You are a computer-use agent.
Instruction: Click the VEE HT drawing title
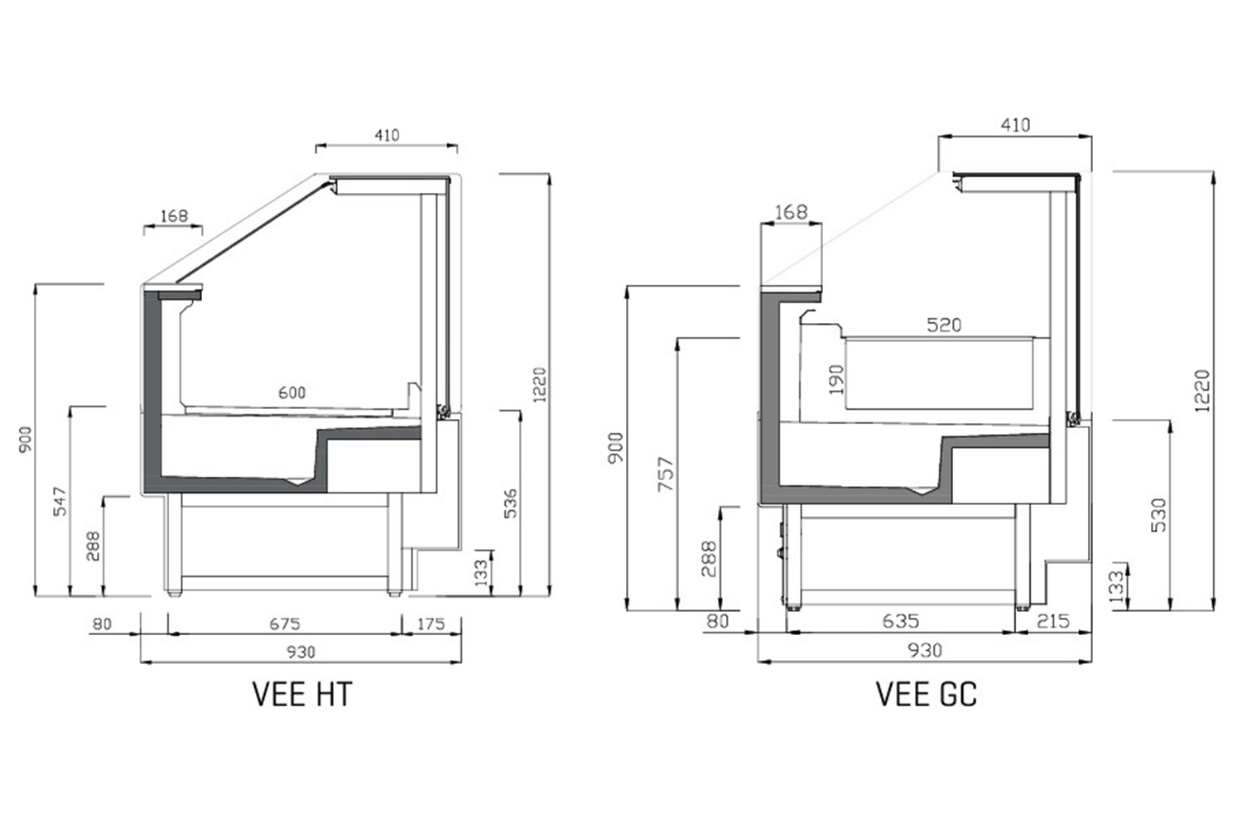pyautogui.click(x=302, y=694)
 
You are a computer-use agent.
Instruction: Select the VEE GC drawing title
pyautogui.click(x=926, y=694)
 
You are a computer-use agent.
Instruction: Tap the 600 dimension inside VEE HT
pyautogui.click(x=291, y=392)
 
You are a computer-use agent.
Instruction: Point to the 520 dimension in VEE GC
pyautogui.click(x=944, y=325)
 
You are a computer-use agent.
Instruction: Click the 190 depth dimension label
pyautogui.click(x=836, y=379)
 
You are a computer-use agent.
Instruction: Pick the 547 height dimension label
pyautogui.click(x=60, y=501)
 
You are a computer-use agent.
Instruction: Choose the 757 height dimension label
pyautogui.click(x=666, y=474)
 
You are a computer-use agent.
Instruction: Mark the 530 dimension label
pyautogui.click(x=1158, y=515)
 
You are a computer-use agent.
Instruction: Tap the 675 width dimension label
pyautogui.click(x=285, y=624)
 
